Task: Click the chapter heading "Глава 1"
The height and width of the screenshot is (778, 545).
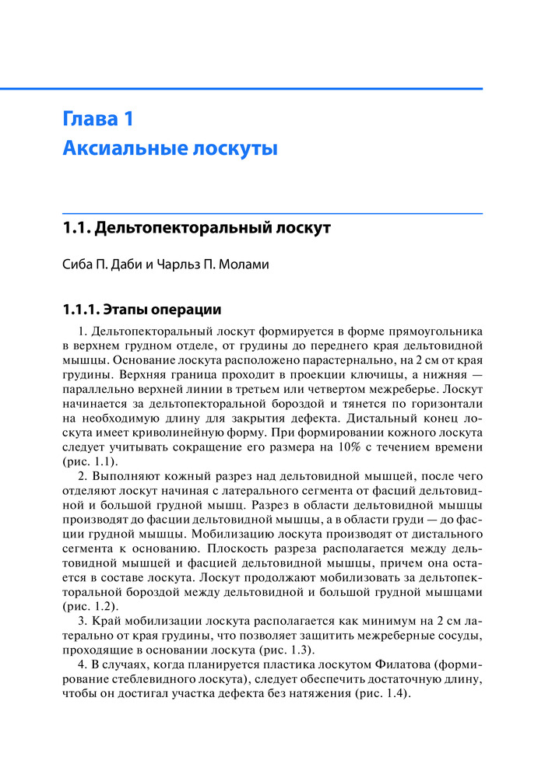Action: (x=97, y=119)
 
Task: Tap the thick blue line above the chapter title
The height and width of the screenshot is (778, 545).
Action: (x=272, y=89)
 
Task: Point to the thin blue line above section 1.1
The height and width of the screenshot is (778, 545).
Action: (x=272, y=212)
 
